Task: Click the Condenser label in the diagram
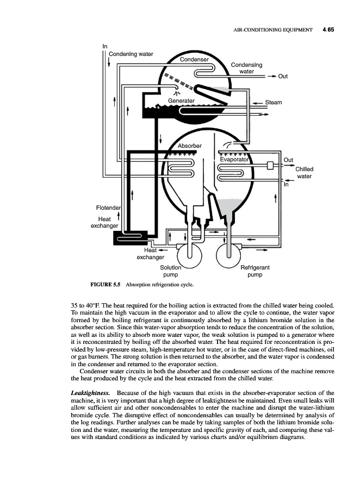pyautogui.click(x=194, y=59)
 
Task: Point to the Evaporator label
pyautogui.click(x=234, y=160)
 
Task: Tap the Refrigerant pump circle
pyautogui.click(x=228, y=253)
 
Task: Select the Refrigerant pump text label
pyautogui.click(x=255, y=271)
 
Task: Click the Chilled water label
pyautogui.click(x=304, y=173)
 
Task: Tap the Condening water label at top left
pyautogui.click(x=131, y=54)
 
